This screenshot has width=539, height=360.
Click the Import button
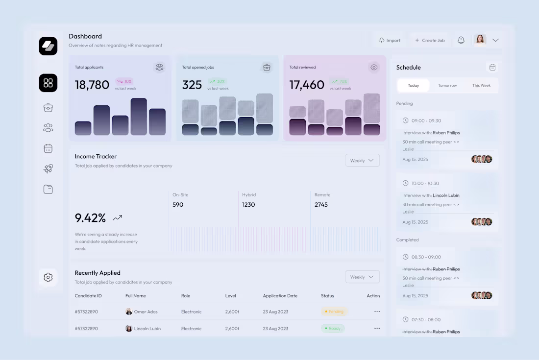coord(390,41)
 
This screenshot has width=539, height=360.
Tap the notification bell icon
coord(461,40)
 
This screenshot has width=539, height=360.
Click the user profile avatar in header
coord(480,40)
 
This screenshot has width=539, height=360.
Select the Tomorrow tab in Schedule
coord(447,85)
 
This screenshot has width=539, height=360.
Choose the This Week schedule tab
coord(481,85)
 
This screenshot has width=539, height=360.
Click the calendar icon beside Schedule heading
coord(492,67)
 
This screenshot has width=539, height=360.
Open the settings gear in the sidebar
coord(48,277)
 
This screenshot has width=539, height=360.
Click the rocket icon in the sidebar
coord(48,168)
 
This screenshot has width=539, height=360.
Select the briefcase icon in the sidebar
coord(48,107)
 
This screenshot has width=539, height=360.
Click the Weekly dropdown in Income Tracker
coord(362,161)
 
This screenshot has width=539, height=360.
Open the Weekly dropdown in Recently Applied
coord(362,277)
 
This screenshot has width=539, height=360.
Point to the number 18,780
coord(92,85)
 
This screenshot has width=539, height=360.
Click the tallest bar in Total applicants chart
coord(139,117)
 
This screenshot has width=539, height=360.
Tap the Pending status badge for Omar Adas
coord(334,312)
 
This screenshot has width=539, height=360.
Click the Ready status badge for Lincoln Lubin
coord(333,329)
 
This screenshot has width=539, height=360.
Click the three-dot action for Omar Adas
coord(377,312)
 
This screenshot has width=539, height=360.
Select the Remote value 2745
coord(321,205)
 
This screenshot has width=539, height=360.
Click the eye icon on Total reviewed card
coord(374,67)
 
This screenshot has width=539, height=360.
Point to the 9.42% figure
coord(91,218)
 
